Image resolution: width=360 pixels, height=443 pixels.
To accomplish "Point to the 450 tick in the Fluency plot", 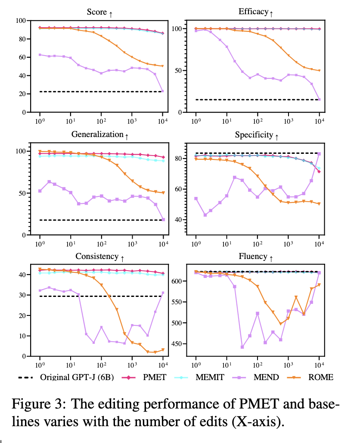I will coord(177,344).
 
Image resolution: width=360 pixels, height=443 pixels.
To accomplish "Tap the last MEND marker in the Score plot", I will coord(162,91).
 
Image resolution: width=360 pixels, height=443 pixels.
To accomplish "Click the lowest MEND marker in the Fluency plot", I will coord(242,347).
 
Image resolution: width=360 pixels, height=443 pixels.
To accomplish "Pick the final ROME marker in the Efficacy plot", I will coord(319,71).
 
